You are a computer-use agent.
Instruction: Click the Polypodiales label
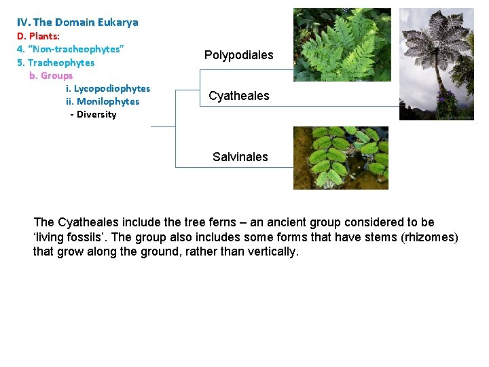coord(238,55)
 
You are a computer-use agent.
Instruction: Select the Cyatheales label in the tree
coord(238,96)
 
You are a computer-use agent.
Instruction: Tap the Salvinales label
coord(240,157)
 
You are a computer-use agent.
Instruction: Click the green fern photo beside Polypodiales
coord(342,45)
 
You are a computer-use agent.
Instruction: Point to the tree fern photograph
coord(435,64)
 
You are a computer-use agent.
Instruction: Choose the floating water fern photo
coord(340,158)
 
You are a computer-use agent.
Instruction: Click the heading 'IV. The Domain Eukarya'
coord(77,22)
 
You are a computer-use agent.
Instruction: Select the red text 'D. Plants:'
coord(38,36)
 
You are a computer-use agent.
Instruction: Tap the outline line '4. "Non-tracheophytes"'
coord(70,49)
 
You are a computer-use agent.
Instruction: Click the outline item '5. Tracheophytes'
coord(56,63)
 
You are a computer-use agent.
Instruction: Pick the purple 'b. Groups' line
coord(51,75)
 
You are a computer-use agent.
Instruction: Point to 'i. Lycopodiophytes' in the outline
coord(108,88)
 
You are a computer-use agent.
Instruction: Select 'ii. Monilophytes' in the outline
coord(103,101)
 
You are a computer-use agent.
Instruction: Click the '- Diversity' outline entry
coord(93,114)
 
